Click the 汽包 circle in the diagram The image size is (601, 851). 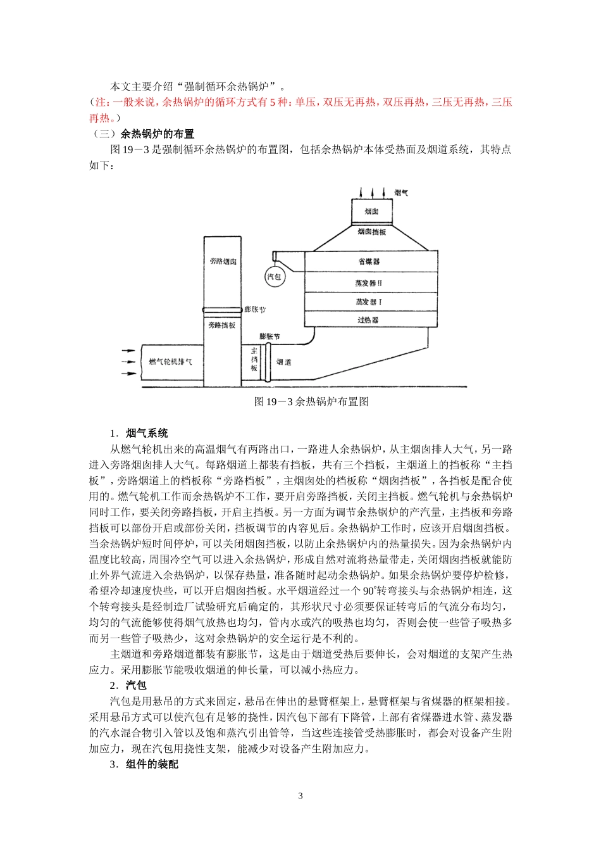(x=274, y=277)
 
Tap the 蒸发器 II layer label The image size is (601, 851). (x=369, y=282)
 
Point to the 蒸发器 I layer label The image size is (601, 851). (x=369, y=301)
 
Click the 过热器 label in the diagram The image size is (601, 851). (x=368, y=320)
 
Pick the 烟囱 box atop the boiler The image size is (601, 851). (x=371, y=211)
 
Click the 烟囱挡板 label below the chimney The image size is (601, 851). (x=371, y=232)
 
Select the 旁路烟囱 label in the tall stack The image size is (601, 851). (x=223, y=261)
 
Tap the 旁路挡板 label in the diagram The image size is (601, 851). (x=222, y=325)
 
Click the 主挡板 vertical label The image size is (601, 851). (x=254, y=360)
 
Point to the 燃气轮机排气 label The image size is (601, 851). (x=170, y=362)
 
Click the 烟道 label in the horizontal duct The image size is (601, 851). (x=284, y=362)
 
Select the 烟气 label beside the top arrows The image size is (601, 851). (x=401, y=192)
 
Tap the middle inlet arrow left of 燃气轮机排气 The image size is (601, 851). (x=128, y=362)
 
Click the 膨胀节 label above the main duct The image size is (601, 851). (x=270, y=336)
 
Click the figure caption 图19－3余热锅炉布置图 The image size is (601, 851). (x=311, y=401)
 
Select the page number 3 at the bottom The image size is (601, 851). (x=300, y=796)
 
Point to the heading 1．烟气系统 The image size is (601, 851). (x=139, y=434)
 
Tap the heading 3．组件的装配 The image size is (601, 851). (x=144, y=765)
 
